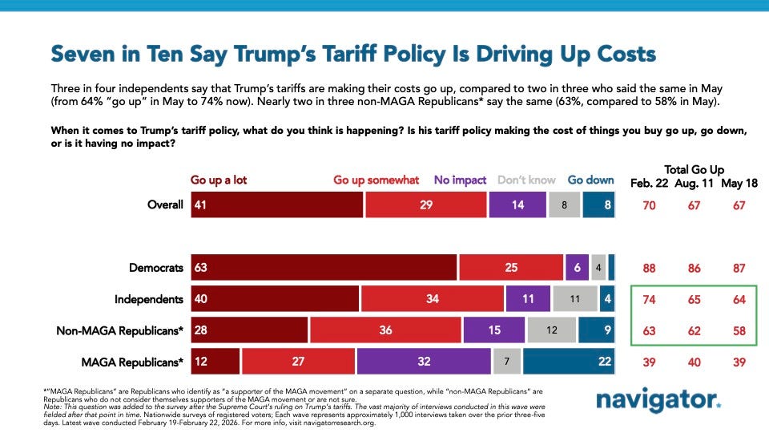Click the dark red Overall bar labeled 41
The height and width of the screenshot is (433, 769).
tap(276, 204)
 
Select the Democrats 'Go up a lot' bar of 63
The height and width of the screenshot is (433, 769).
tap(323, 267)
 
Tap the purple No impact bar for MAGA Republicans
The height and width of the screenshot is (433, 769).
tap(424, 362)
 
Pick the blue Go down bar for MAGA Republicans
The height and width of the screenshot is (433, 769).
tap(568, 362)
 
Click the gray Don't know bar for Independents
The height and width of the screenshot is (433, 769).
tap(574, 298)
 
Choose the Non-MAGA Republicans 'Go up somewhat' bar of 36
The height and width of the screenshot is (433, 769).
tap(385, 330)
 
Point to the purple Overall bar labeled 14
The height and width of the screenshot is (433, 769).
tap(517, 204)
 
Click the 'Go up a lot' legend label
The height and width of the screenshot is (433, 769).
tap(219, 180)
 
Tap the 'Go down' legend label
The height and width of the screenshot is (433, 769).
tap(590, 180)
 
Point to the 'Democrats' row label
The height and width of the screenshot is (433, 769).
tap(157, 267)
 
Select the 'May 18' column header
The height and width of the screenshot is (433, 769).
tap(739, 183)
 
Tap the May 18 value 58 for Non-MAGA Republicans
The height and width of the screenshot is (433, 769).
tap(739, 330)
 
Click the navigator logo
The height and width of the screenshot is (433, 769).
tap(658, 400)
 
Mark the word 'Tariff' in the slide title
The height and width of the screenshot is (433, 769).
tap(360, 55)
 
